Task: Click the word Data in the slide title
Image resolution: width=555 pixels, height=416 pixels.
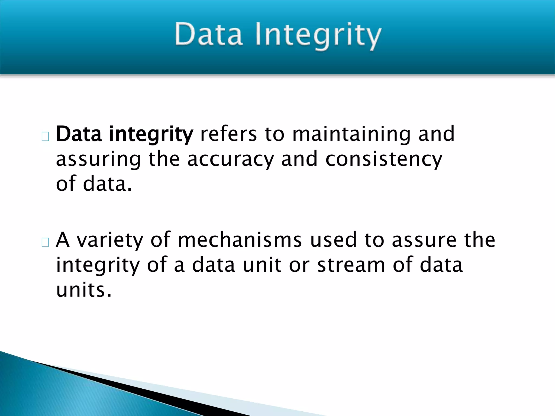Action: point(208,35)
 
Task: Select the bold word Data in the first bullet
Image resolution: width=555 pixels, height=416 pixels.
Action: point(79,134)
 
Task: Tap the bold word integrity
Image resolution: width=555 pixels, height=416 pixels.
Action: point(151,135)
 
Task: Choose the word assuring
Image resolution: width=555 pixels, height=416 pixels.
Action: point(98,160)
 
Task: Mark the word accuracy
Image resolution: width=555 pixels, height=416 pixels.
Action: point(231,160)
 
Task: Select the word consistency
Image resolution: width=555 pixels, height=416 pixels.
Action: point(384,160)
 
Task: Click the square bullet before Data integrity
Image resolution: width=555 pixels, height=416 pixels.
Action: point(45,137)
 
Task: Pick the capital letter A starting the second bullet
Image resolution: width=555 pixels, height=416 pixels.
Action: point(63,240)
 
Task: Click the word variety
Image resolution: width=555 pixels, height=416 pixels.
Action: point(109,240)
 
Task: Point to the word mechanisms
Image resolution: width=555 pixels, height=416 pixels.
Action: point(240,240)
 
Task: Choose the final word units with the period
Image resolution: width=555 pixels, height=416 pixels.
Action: point(84,290)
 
